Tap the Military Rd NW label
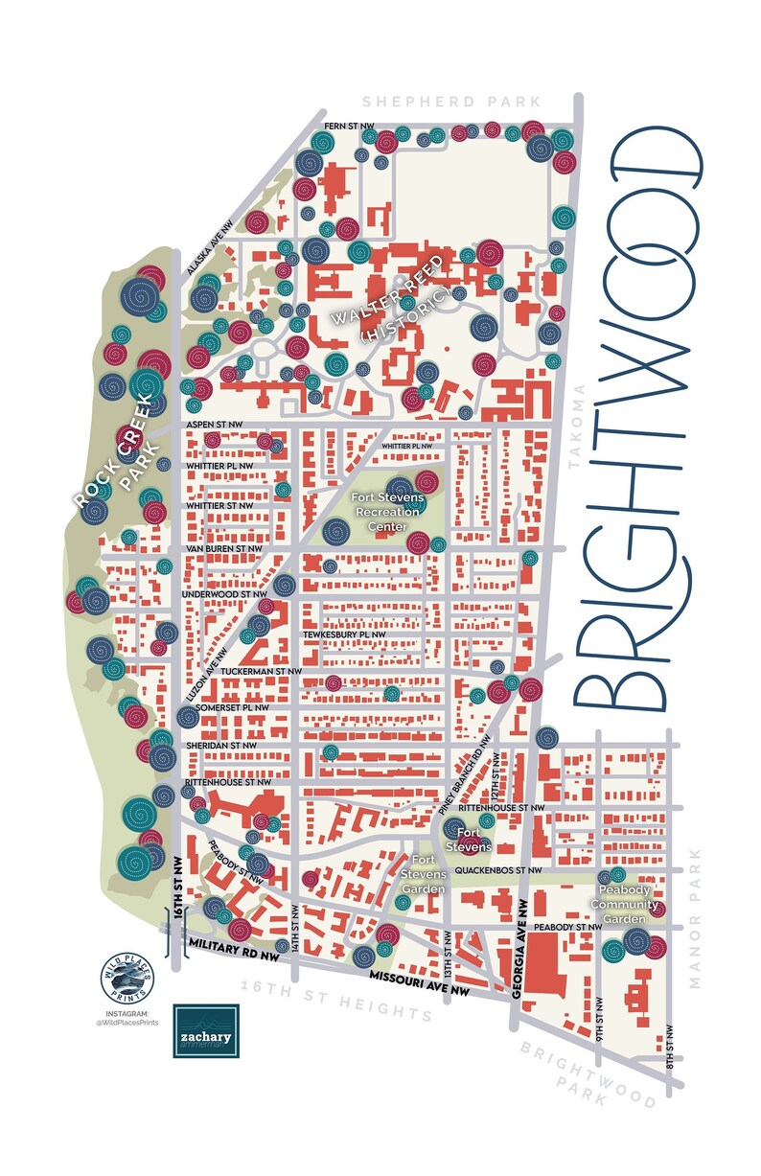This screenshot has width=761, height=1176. tap(234, 945)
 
